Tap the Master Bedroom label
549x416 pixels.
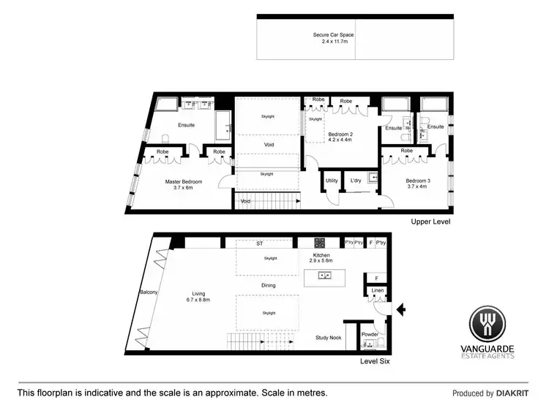(x=182, y=181)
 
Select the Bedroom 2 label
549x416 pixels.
(x=340, y=135)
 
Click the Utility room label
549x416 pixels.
(x=331, y=181)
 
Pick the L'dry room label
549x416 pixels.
(x=356, y=181)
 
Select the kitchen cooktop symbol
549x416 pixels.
(x=319, y=243)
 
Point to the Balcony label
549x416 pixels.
(x=149, y=292)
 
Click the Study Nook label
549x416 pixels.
(x=329, y=338)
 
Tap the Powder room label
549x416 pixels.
(x=370, y=334)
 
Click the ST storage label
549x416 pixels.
(x=259, y=243)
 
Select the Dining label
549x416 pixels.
(x=268, y=286)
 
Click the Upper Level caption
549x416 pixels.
(x=430, y=222)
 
